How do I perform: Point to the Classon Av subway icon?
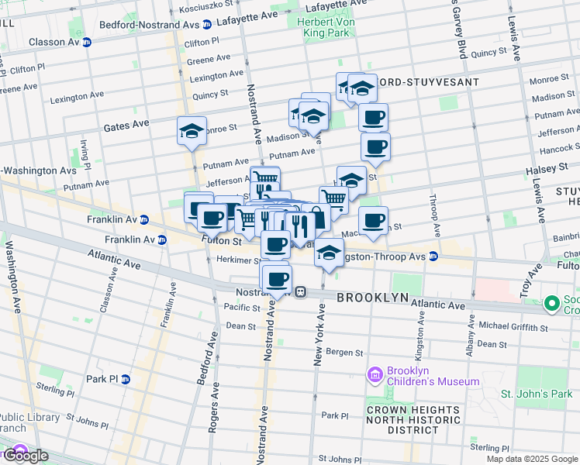pos(87,42)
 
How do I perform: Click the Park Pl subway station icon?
pos(126,379)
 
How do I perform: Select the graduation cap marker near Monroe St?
pos(192,132)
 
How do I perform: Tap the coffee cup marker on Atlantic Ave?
pos(276,280)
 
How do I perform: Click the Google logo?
pos(25,456)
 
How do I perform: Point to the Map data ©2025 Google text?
pos(531,459)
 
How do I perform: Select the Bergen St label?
pos(344,353)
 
